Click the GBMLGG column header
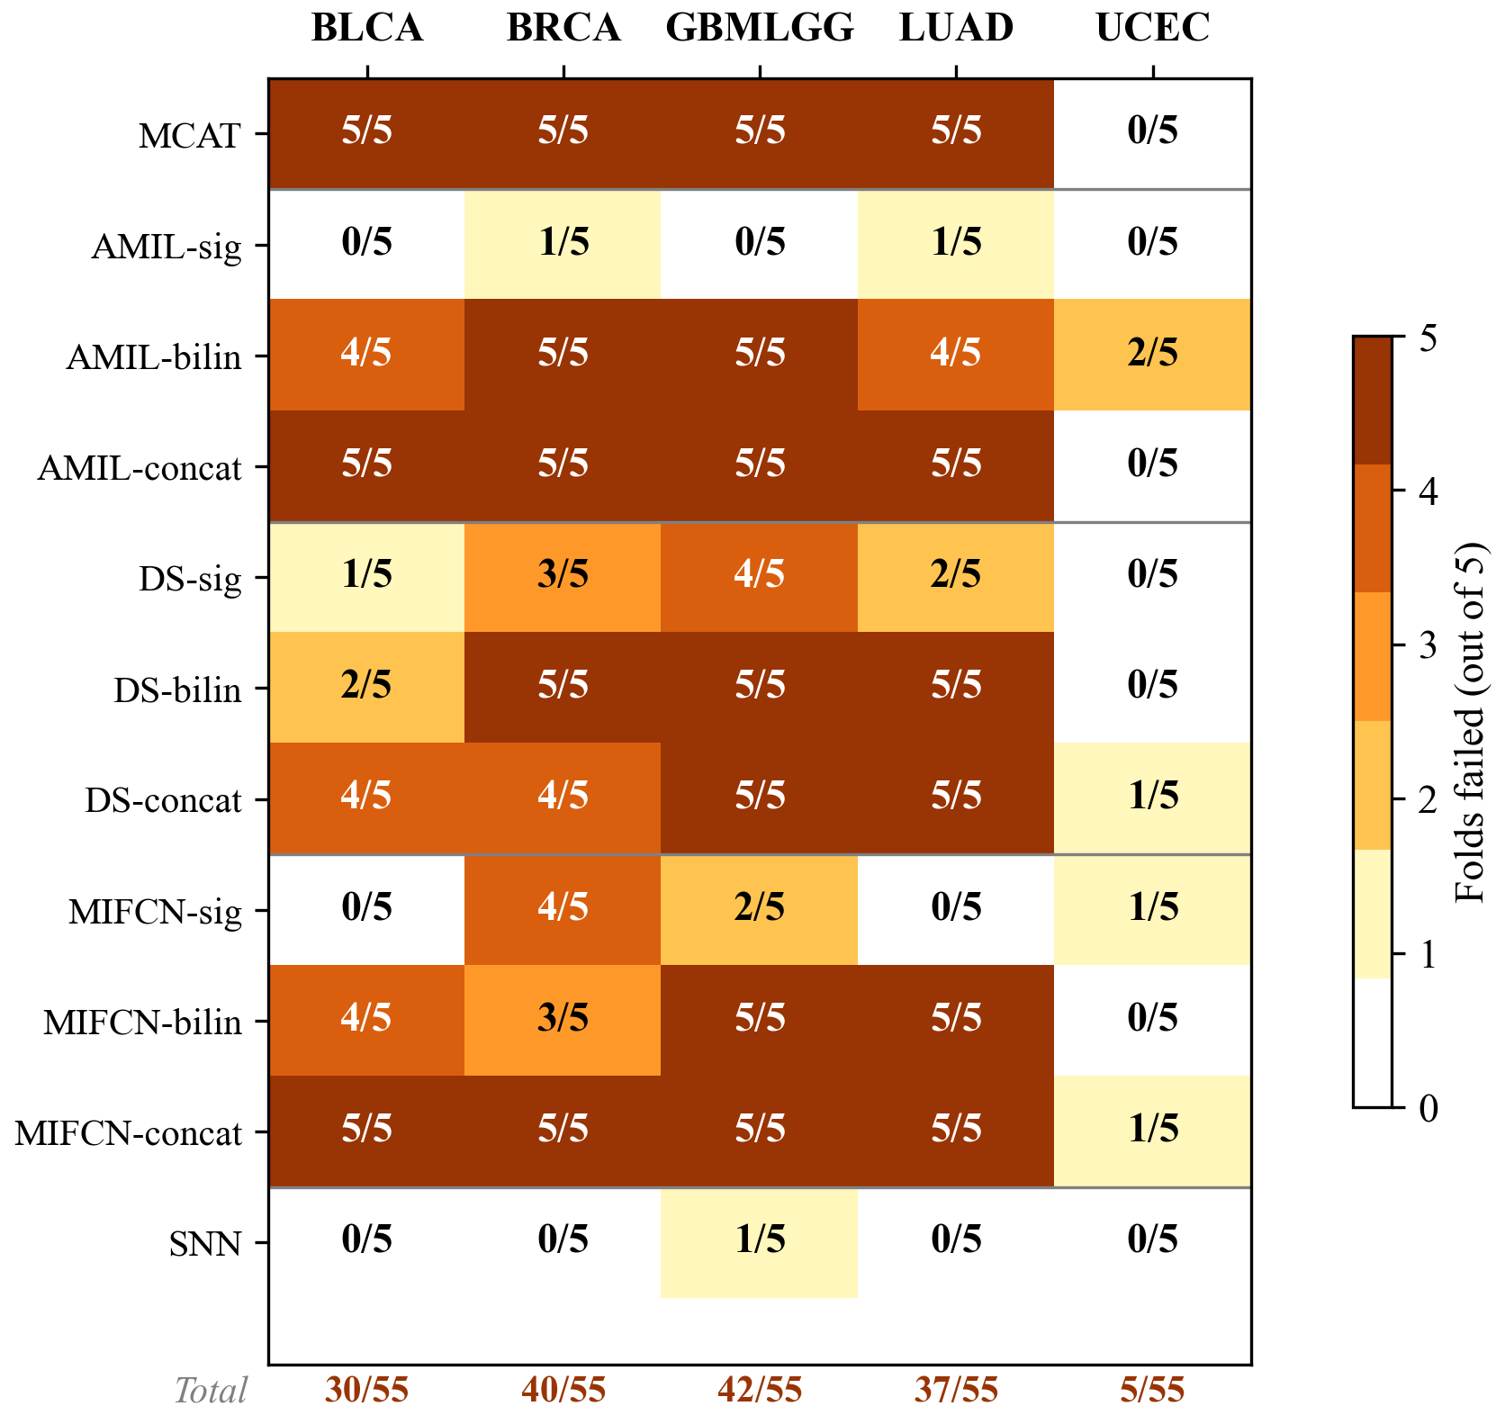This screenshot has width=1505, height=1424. pos(759,29)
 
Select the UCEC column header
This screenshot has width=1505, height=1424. pos(1152,29)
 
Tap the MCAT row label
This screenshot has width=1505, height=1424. pos(190,136)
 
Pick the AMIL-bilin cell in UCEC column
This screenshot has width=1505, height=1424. pos(1152,354)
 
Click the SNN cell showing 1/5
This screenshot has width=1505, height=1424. pos(759,1241)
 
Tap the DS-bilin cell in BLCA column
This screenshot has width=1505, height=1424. pos(366,687)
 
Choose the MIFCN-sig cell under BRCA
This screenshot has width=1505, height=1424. pos(563,908)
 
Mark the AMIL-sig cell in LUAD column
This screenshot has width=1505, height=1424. pos(956,243)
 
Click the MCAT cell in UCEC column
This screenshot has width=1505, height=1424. pos(1152,132)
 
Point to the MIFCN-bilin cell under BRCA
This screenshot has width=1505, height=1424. pos(563,1019)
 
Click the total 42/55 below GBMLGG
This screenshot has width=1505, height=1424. pos(759,1391)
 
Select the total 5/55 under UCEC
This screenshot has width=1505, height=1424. pos(1152,1391)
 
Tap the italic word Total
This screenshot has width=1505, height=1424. pos(211,1392)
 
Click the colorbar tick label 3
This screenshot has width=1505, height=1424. pos(1428,646)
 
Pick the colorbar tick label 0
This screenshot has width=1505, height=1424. pos(1428,1109)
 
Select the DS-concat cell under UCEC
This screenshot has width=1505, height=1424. pos(1152,798)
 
